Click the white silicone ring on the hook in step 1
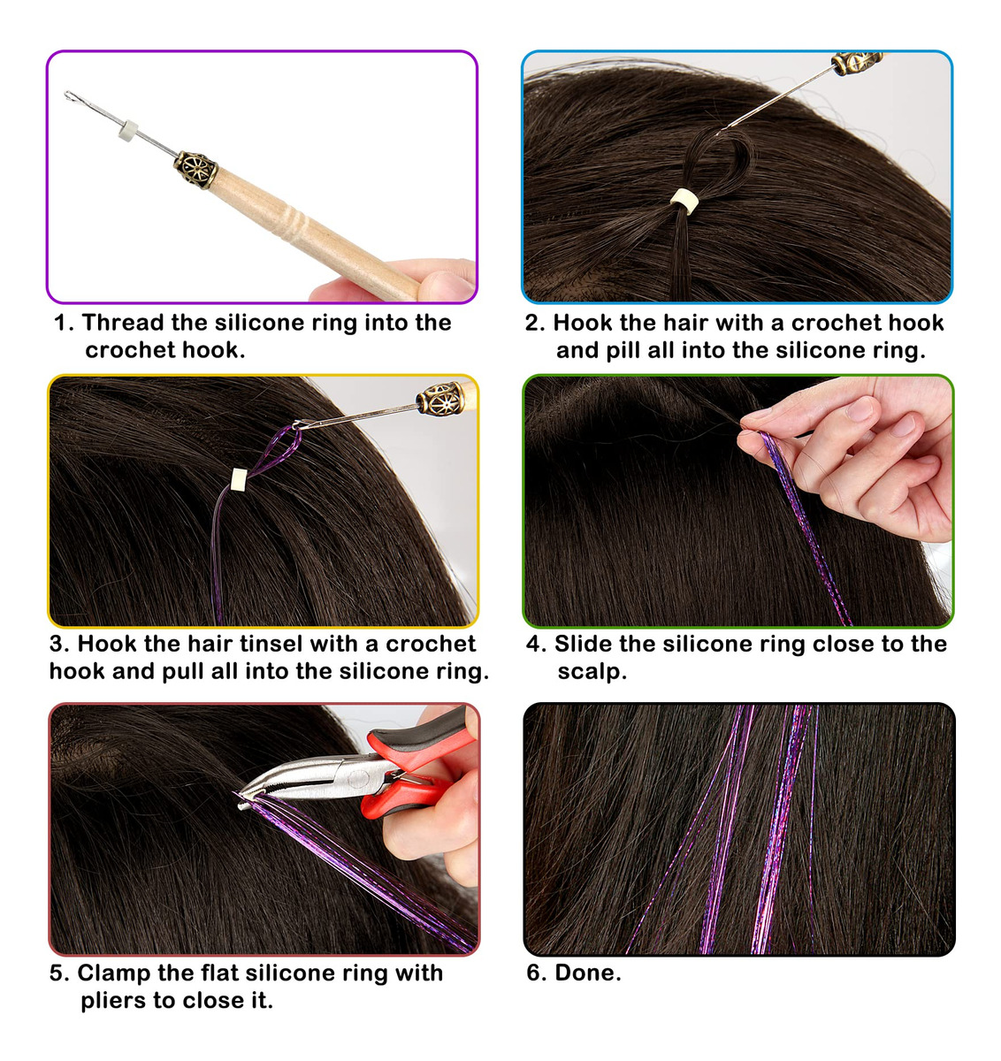click(x=127, y=130)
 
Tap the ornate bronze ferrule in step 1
click(x=195, y=170)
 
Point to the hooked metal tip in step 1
click(x=70, y=96)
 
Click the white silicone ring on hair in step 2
click(x=685, y=201)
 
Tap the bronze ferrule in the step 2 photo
click(x=856, y=63)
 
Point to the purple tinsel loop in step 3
click(x=277, y=450)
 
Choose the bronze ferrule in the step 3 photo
click(x=439, y=399)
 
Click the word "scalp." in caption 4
click(x=592, y=672)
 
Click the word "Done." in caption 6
click(x=588, y=973)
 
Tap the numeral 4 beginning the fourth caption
click(x=534, y=645)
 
